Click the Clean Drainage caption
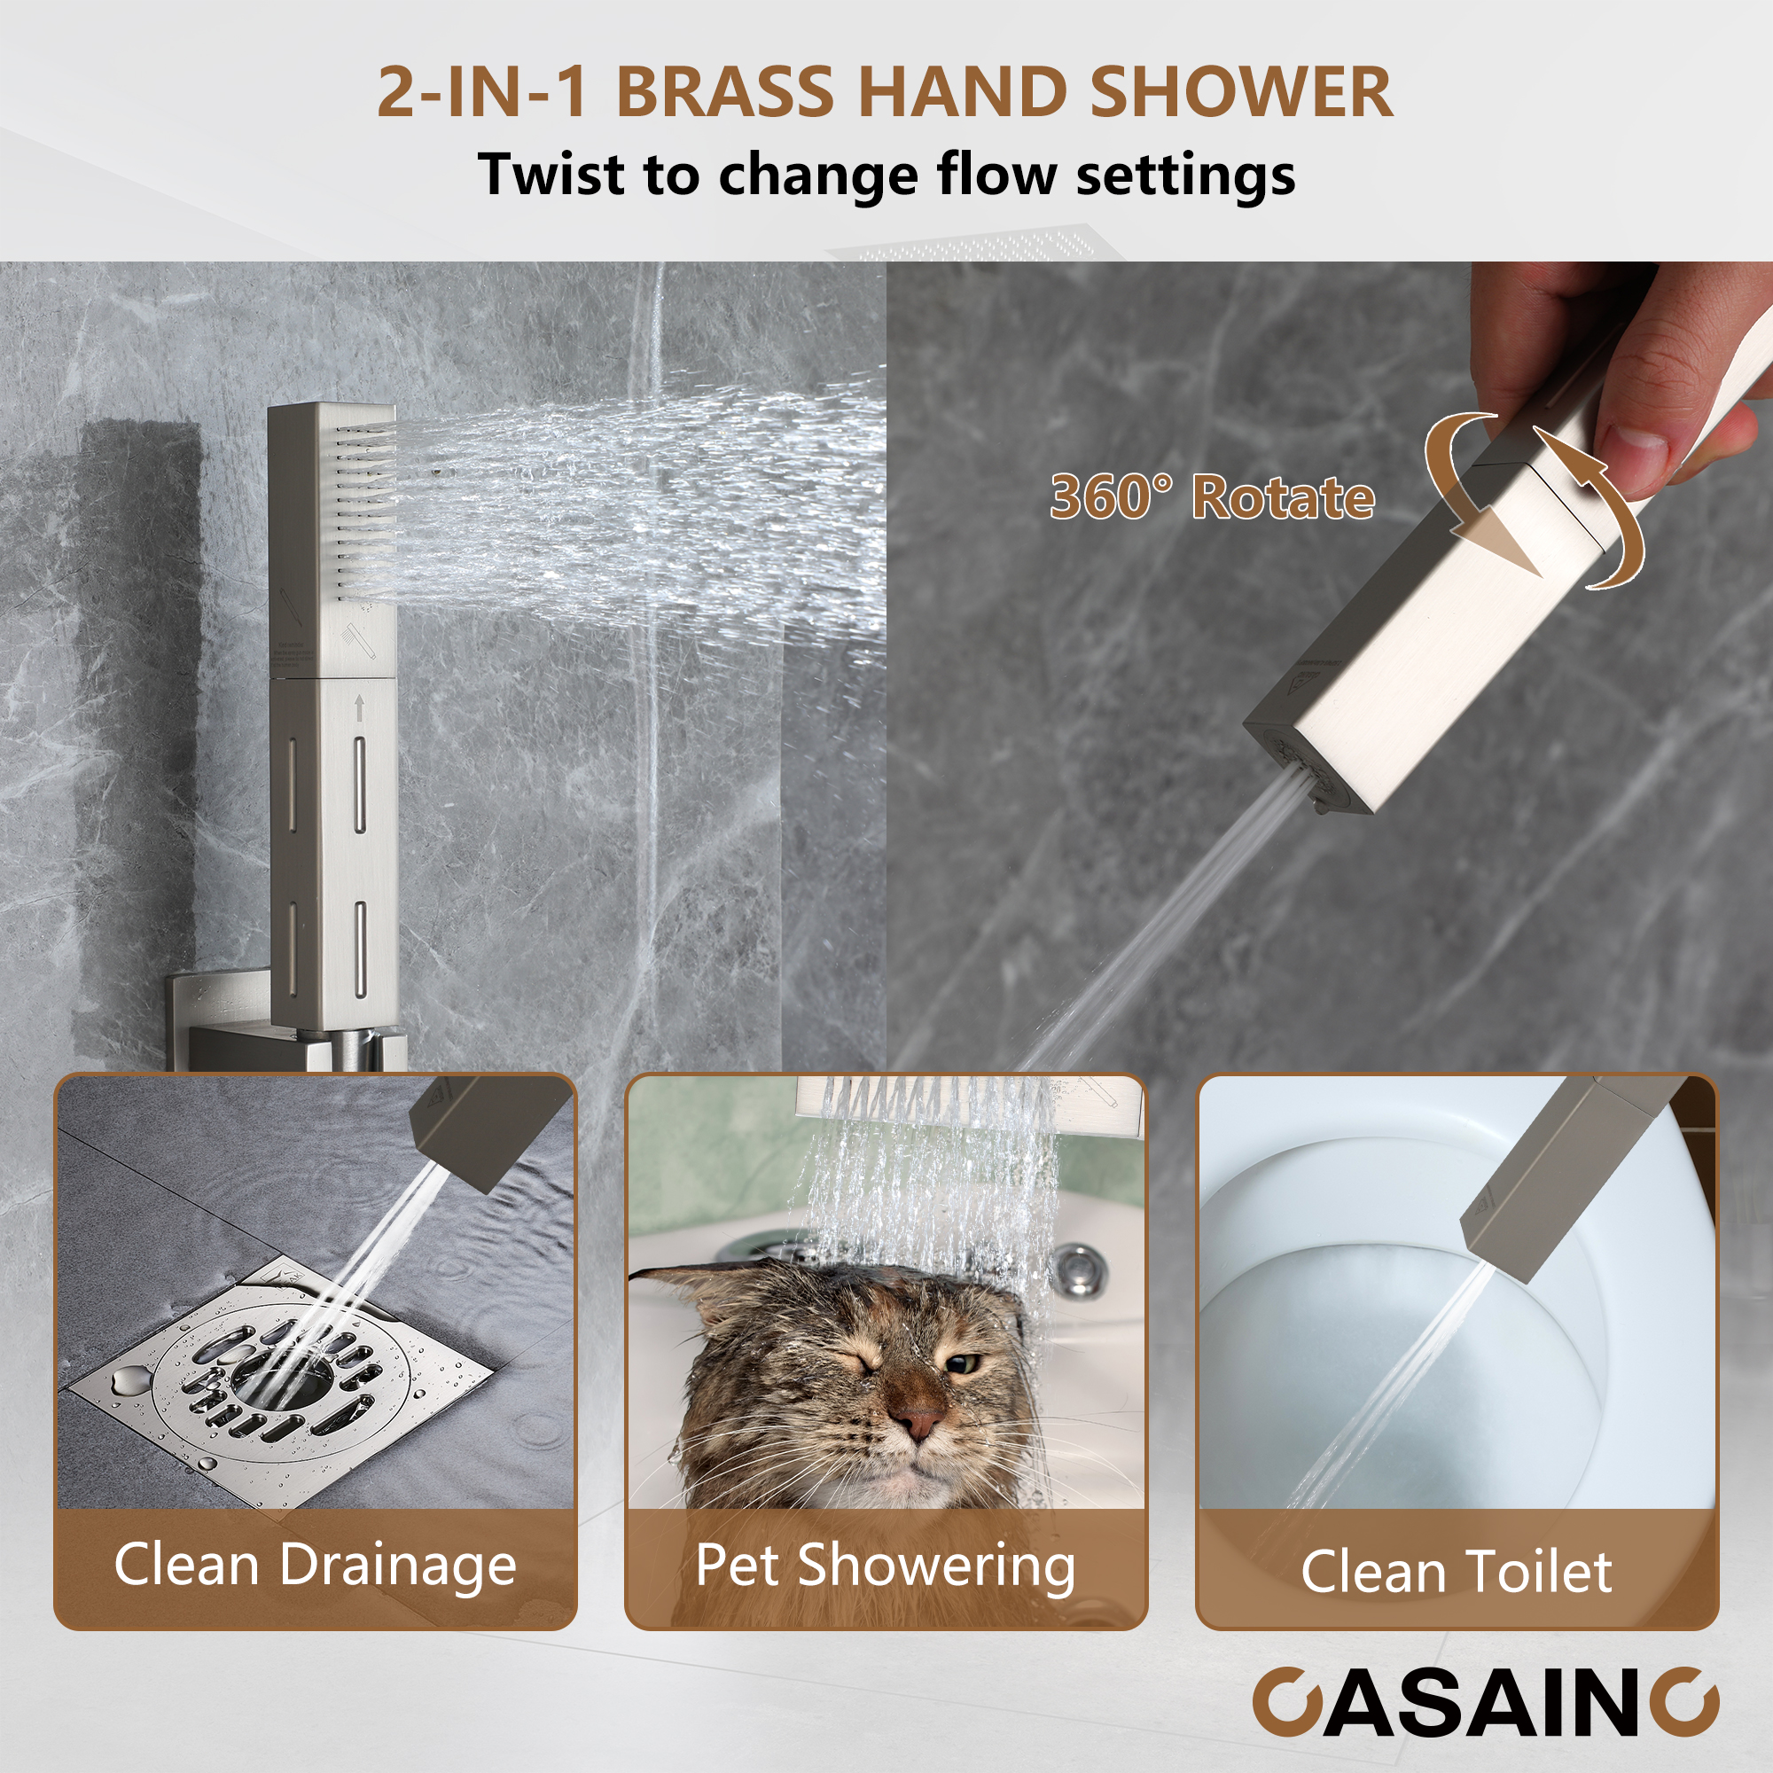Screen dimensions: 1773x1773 (x=315, y=1565)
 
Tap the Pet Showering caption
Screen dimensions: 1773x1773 (x=886, y=1565)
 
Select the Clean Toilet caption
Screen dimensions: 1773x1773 (x=1457, y=1572)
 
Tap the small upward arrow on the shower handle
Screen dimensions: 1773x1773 (x=359, y=707)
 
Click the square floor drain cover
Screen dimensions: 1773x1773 (x=276, y=1377)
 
